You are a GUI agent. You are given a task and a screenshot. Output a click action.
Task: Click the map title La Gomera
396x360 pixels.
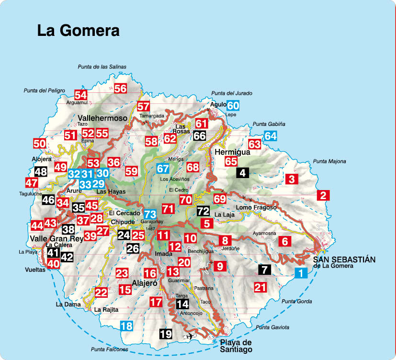click(x=78, y=31)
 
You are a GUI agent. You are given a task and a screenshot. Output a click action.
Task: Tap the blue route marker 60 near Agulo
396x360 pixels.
click(x=233, y=106)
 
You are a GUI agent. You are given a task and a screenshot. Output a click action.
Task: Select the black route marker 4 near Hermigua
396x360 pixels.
click(x=243, y=173)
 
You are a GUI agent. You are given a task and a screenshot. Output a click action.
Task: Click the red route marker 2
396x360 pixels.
click(x=323, y=195)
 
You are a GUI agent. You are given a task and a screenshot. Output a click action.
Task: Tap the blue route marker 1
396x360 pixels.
click(x=300, y=273)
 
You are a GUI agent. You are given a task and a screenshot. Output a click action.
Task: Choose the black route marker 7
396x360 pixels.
click(x=263, y=269)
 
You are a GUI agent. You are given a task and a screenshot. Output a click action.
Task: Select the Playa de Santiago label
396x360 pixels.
click(x=236, y=346)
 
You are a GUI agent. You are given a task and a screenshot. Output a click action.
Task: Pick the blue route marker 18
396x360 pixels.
click(x=126, y=326)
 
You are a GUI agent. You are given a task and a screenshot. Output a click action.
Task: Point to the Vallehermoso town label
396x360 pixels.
click(x=102, y=118)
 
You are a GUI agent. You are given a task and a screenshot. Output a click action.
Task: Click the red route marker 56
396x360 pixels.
click(x=120, y=88)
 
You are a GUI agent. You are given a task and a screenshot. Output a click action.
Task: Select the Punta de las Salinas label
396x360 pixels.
click(x=102, y=67)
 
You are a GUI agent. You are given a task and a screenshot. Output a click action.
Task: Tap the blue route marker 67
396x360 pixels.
click(x=163, y=169)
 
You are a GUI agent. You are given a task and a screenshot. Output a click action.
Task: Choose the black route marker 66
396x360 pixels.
click(x=200, y=135)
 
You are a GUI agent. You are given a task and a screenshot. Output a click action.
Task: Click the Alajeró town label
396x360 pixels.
click(x=144, y=283)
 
